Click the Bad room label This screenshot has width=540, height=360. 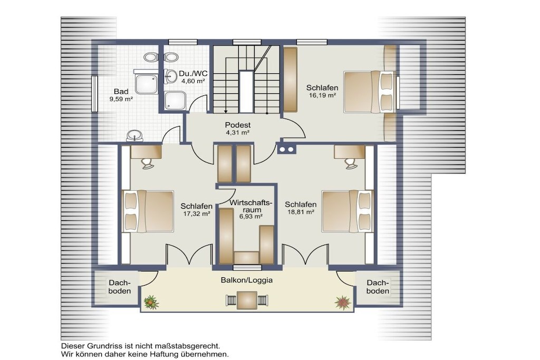(121, 92)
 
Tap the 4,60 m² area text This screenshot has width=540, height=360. (193, 81)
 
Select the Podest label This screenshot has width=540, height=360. (238, 125)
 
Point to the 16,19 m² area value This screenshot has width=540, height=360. (322, 95)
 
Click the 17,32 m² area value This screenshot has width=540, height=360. (197, 213)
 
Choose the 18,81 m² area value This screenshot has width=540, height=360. (301, 212)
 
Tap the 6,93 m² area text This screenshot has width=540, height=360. (251, 217)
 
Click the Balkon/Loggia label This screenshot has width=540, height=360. (247, 280)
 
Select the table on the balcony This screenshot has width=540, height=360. (247, 300)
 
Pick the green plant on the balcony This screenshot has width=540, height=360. (151, 302)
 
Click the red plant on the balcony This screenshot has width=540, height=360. (343, 303)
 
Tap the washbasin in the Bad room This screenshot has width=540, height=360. (134, 135)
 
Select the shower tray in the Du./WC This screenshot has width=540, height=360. (175, 101)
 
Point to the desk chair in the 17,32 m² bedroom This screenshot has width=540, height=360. (148, 163)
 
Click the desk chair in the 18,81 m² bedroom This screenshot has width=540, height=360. (351, 163)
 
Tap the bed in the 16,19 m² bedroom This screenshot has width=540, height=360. (369, 92)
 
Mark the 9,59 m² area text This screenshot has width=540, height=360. (121, 99)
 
